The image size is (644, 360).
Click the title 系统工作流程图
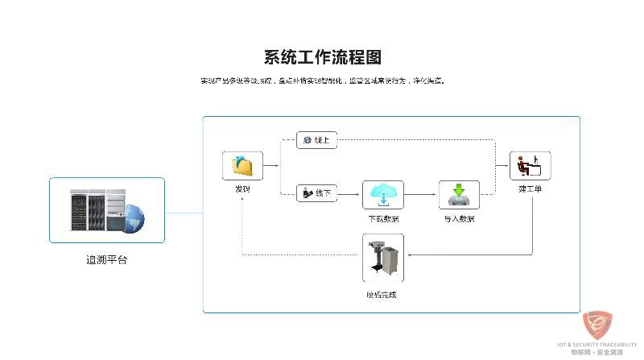[322, 57]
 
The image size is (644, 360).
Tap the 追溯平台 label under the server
[106, 260]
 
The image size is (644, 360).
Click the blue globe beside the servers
[134, 217]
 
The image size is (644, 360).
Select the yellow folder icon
[242, 165]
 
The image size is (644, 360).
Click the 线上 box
[316, 140]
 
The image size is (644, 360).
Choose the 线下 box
[316, 193]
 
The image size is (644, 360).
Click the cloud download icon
[383, 195]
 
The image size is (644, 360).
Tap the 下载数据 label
[383, 219]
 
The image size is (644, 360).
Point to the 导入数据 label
[459, 219]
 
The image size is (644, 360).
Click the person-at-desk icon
[530, 165]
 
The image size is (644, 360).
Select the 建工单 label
[530, 189]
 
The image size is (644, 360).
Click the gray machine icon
[382, 258]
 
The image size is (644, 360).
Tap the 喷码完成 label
[381, 295]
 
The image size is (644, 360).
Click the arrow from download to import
[421, 195]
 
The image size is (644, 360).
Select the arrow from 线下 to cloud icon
[350, 194]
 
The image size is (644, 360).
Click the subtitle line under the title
[322, 81]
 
